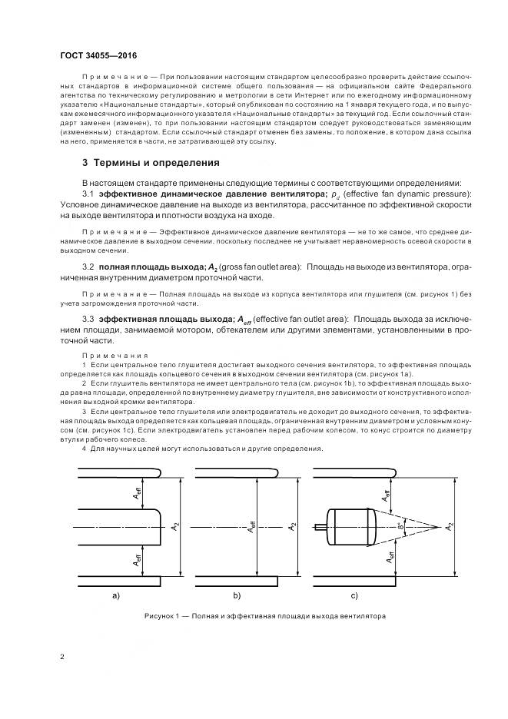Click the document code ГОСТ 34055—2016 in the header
pos(92,56)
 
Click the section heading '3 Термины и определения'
pos(151,163)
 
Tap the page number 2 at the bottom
pos(62,658)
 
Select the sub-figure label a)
pos(115,595)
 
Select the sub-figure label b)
pos(237,595)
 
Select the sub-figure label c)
pos(354,595)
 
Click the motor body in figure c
pos(350,527)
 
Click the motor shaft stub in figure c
pos(320,527)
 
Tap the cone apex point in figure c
pos(439,527)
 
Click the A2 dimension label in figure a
pos(177,527)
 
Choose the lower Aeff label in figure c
pos(390,558)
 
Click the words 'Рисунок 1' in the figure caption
pos(164,617)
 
